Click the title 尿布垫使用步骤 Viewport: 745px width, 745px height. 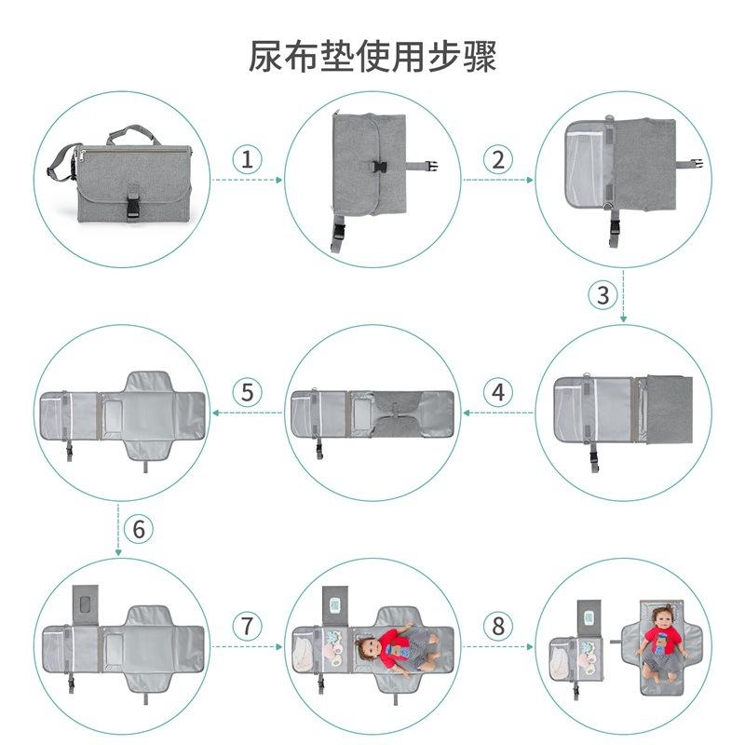pos(372,55)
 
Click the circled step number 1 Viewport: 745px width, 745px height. pos(247,158)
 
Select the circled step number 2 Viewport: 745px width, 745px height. pos(498,158)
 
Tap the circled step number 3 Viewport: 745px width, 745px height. pos(603,295)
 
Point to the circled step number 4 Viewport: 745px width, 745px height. pos(498,392)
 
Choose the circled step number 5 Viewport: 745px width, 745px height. pos(247,392)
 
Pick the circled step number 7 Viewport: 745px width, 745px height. pos(247,626)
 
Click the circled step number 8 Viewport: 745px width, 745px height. pos(498,626)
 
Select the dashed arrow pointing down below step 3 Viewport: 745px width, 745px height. pos(623,315)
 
